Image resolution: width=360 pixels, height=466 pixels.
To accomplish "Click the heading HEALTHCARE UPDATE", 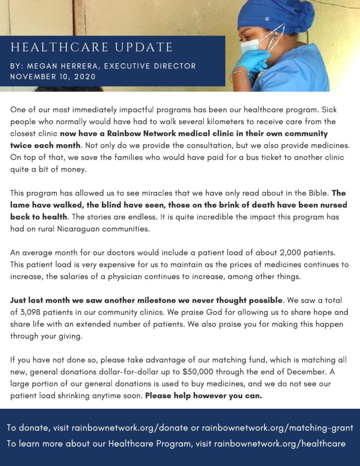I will click(91, 47).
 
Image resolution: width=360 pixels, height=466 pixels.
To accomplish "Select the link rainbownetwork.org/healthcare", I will click(280, 443).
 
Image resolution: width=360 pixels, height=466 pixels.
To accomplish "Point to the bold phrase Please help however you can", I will click(203, 395).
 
